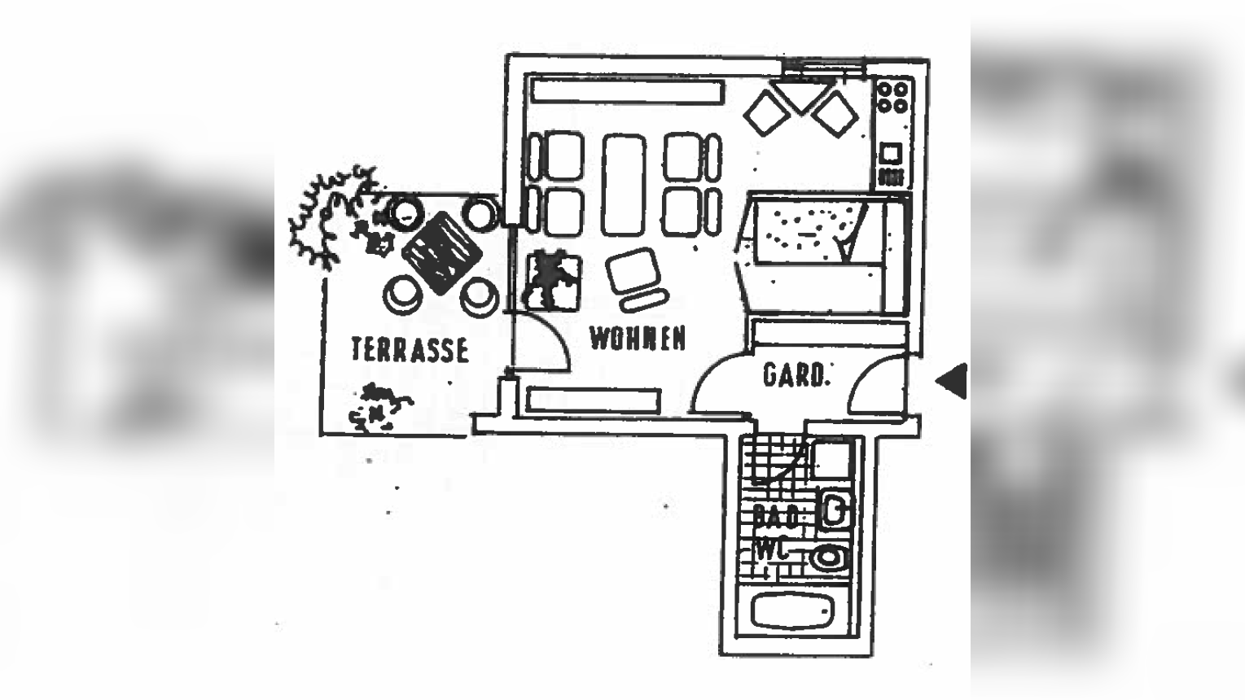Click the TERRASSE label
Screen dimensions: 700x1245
coord(410,349)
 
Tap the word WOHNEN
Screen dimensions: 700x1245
coord(637,338)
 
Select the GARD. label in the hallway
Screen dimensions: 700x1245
coord(796,375)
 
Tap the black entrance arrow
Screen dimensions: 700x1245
coord(951,380)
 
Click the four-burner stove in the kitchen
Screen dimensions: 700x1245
coord(892,97)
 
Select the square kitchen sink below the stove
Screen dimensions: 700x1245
coord(891,153)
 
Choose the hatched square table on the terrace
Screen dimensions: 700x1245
coord(441,252)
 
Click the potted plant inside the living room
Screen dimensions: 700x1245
coord(553,279)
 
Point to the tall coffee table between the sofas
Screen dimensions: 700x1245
coord(624,185)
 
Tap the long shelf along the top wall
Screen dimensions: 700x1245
coord(626,90)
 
